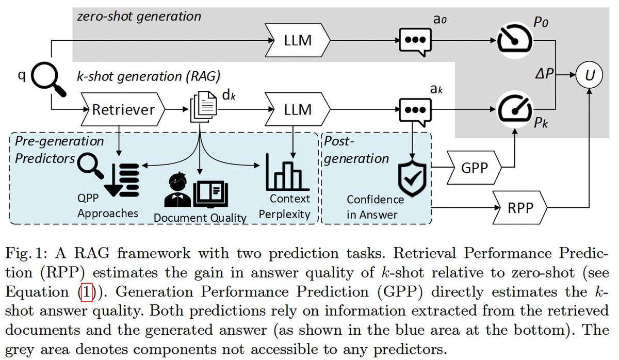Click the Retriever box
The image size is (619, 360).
point(123,109)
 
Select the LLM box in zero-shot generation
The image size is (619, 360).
point(298,40)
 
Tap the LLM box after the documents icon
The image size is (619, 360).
point(298,109)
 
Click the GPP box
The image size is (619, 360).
point(474,168)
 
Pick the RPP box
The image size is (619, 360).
point(520,207)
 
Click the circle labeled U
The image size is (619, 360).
point(589,75)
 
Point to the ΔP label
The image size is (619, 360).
point(544,74)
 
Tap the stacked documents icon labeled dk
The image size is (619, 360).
point(203,107)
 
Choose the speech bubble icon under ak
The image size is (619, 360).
point(415,112)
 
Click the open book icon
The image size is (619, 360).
point(210,194)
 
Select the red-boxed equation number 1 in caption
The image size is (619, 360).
point(87,292)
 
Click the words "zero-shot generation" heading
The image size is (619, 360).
point(139,16)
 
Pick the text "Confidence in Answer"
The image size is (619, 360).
point(375,207)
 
